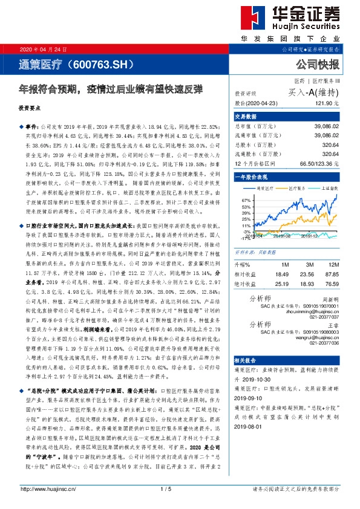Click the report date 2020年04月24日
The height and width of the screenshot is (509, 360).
coord(40,49)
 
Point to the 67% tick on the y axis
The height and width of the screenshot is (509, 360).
coord(246,199)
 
